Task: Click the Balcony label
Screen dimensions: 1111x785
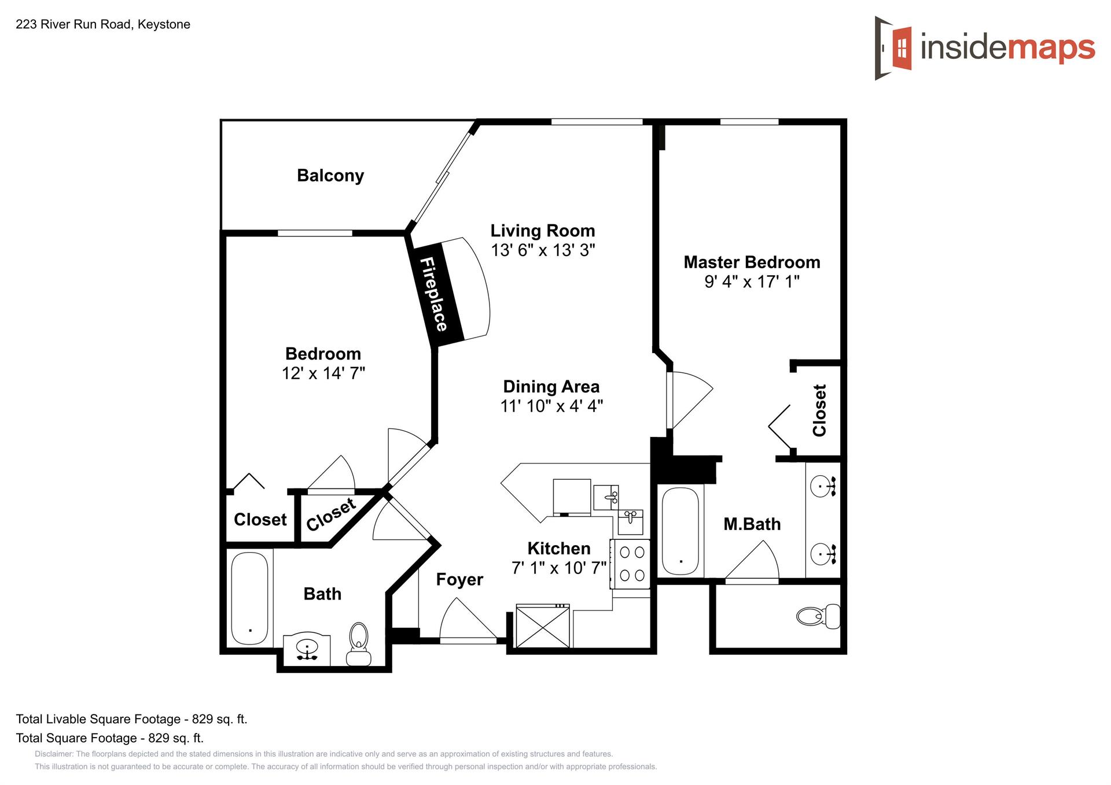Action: pos(330,176)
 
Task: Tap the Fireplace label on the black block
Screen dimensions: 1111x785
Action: pos(433,294)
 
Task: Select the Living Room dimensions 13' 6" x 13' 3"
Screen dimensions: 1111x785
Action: pos(543,250)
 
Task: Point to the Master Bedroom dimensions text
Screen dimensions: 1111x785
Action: pos(752,282)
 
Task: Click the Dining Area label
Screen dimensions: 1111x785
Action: pos(551,386)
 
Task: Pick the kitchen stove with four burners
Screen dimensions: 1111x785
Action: pos(631,564)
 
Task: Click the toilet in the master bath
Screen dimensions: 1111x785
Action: pos(818,616)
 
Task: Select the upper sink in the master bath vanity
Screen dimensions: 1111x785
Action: pos(823,486)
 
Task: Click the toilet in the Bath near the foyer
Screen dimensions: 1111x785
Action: pos(359,644)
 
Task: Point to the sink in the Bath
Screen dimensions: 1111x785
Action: pos(307,650)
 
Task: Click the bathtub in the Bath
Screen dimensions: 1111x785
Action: pos(249,598)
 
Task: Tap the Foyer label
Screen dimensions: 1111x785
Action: pos(459,579)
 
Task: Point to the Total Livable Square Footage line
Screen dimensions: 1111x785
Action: pos(131,719)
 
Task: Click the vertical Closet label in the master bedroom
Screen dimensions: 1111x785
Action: pos(819,410)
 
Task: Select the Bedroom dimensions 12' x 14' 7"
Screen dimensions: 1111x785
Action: pos(323,373)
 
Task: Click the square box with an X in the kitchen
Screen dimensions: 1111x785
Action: pos(543,627)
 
